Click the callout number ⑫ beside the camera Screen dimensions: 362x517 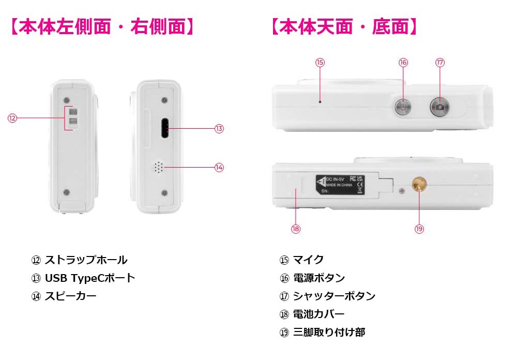[12, 118]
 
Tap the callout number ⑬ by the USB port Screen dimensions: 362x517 [219, 129]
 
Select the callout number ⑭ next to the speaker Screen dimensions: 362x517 [219, 167]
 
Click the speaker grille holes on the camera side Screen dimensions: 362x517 [158, 167]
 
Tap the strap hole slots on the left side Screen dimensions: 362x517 [73, 117]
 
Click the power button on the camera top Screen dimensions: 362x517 [402, 107]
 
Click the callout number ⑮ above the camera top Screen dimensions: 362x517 [320, 63]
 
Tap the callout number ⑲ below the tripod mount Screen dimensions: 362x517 [419, 229]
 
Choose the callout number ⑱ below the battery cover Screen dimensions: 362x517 [296, 229]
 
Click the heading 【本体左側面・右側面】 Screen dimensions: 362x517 [102, 27]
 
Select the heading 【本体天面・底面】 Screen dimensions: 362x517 [344, 27]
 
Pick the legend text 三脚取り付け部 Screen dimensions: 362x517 [329, 333]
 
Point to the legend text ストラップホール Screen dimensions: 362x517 [86, 260]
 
